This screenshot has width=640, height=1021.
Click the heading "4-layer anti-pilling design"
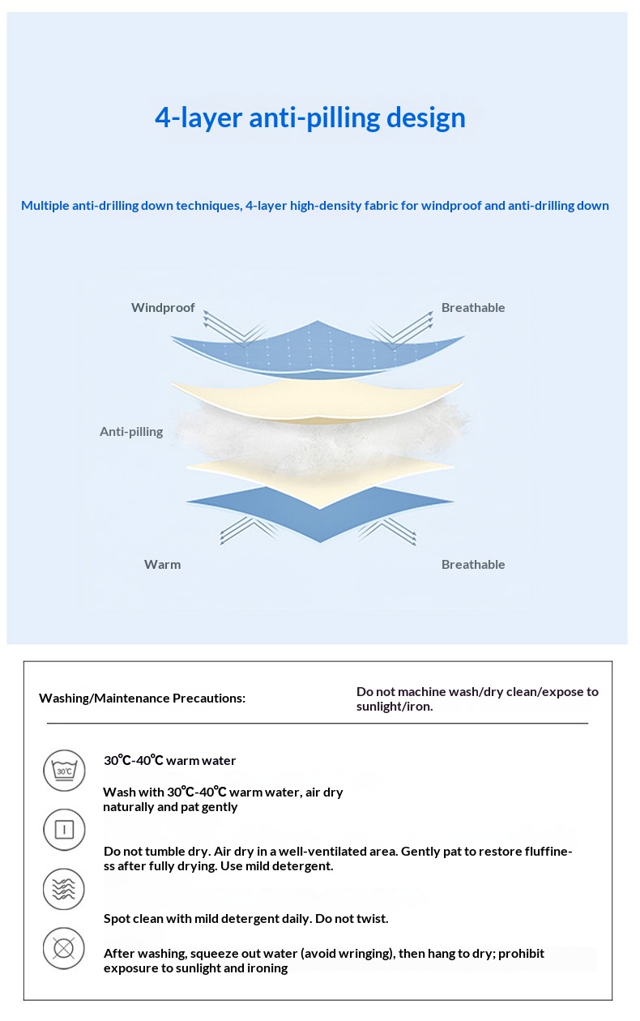click(310, 117)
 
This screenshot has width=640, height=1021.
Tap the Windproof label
click(163, 308)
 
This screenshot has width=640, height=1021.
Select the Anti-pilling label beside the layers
click(131, 432)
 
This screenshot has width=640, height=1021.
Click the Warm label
click(162, 565)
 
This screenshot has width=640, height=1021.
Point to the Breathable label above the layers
click(473, 308)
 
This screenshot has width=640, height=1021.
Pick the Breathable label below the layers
click(473, 565)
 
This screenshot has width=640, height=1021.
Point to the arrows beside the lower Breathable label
click(387, 531)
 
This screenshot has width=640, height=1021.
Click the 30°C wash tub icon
click(63, 771)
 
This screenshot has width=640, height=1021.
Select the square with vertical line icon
click(63, 830)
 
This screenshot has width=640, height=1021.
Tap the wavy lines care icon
click(63, 889)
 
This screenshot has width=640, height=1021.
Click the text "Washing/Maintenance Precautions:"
click(142, 698)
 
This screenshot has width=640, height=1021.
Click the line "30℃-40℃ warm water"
click(169, 761)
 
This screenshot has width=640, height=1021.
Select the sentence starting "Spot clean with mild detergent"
click(245, 919)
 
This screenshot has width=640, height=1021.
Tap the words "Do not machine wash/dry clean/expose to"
click(477, 692)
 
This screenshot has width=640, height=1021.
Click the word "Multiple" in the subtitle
click(45, 206)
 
